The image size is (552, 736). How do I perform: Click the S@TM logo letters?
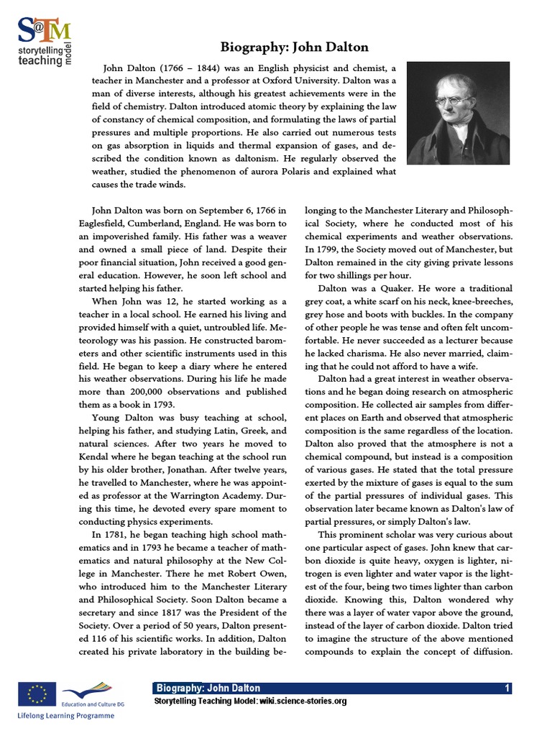pyautogui.click(x=45, y=29)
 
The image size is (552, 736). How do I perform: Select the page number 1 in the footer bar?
pyautogui.click(x=507, y=689)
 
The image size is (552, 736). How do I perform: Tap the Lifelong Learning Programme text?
pyautogui.click(x=66, y=717)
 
